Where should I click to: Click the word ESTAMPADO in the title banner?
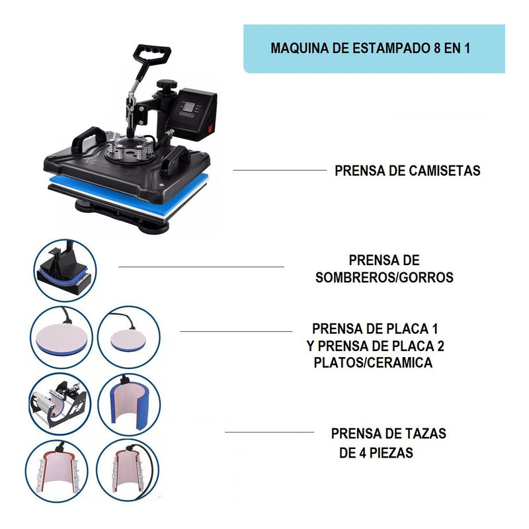[391, 48]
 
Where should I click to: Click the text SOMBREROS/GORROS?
[384, 277]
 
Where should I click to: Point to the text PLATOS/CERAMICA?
[373, 362]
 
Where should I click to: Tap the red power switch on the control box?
[210, 128]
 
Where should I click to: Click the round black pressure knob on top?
[167, 85]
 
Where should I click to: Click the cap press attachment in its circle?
[64, 270]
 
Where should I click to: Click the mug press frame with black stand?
[60, 404]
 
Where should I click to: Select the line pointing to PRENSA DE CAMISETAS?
[280, 170]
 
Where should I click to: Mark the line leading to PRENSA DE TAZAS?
[270, 432]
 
